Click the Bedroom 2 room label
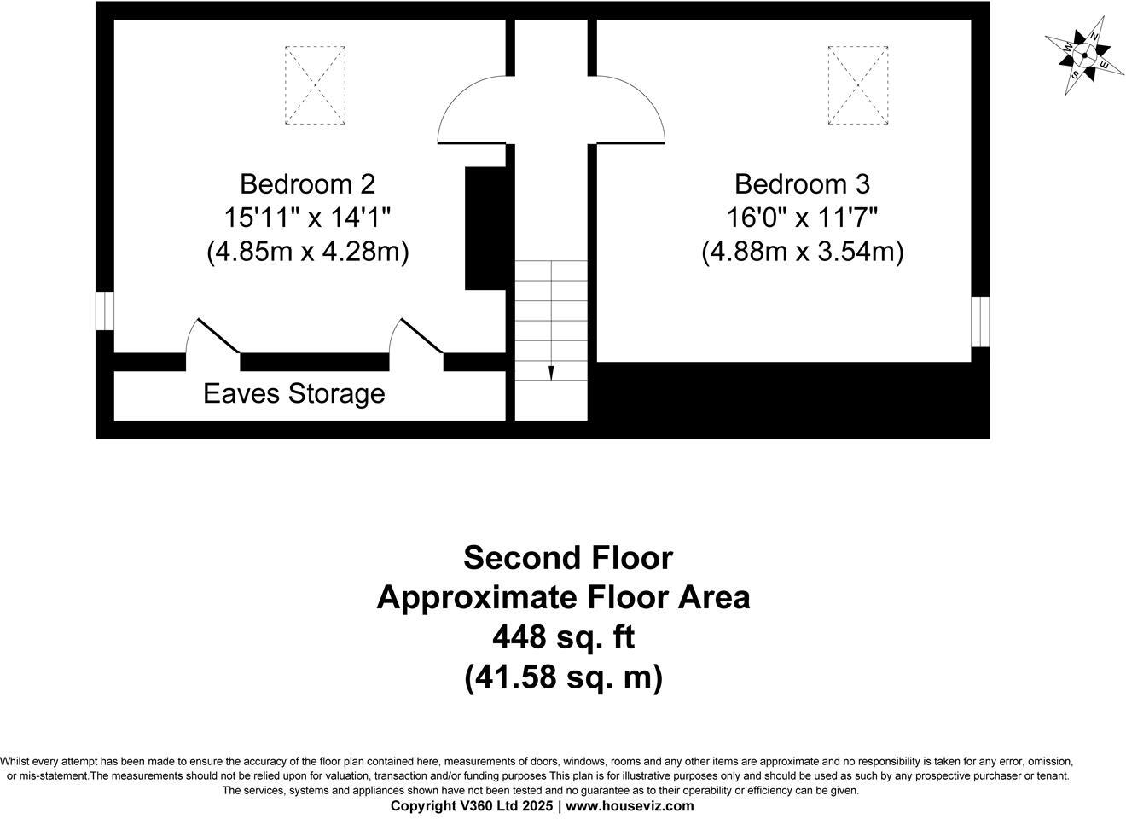(x=307, y=183)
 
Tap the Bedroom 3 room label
(x=802, y=183)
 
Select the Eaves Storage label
(x=294, y=393)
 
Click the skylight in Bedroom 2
(x=315, y=85)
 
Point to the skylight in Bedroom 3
(x=858, y=85)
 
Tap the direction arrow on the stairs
(x=551, y=373)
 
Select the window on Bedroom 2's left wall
(x=104, y=311)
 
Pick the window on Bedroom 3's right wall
(x=980, y=322)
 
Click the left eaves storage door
(x=217, y=335)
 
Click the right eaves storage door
(x=420, y=335)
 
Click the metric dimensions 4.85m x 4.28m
(x=307, y=252)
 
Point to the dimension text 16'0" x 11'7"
(x=802, y=218)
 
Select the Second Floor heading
(x=567, y=558)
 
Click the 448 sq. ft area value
(x=563, y=636)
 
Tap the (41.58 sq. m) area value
(x=563, y=677)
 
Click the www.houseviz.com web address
(x=630, y=805)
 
